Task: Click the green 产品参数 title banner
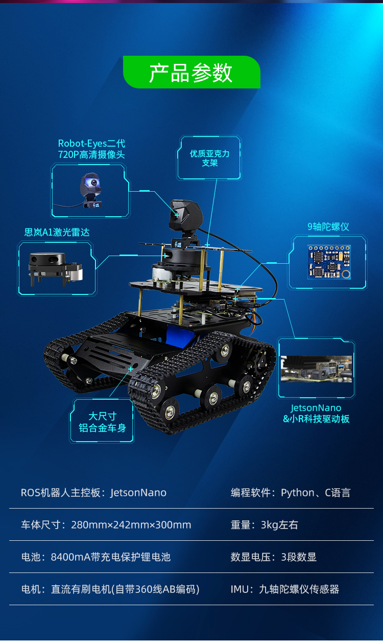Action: [192, 72]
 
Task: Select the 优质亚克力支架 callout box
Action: [209, 158]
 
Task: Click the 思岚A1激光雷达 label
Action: [57, 232]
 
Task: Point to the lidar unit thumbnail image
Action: [56, 269]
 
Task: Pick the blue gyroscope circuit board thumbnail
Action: [329, 262]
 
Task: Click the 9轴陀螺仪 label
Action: [328, 227]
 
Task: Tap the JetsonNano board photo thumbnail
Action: [316, 369]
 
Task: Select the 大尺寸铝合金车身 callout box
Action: [102, 421]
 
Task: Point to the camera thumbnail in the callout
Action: [91, 190]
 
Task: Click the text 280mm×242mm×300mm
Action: [131, 525]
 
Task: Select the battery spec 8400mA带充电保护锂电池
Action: [110, 557]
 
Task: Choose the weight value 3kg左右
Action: [279, 525]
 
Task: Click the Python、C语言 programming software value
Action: [316, 493]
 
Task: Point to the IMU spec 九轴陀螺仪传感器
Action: [299, 589]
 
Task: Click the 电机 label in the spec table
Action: [31, 589]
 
